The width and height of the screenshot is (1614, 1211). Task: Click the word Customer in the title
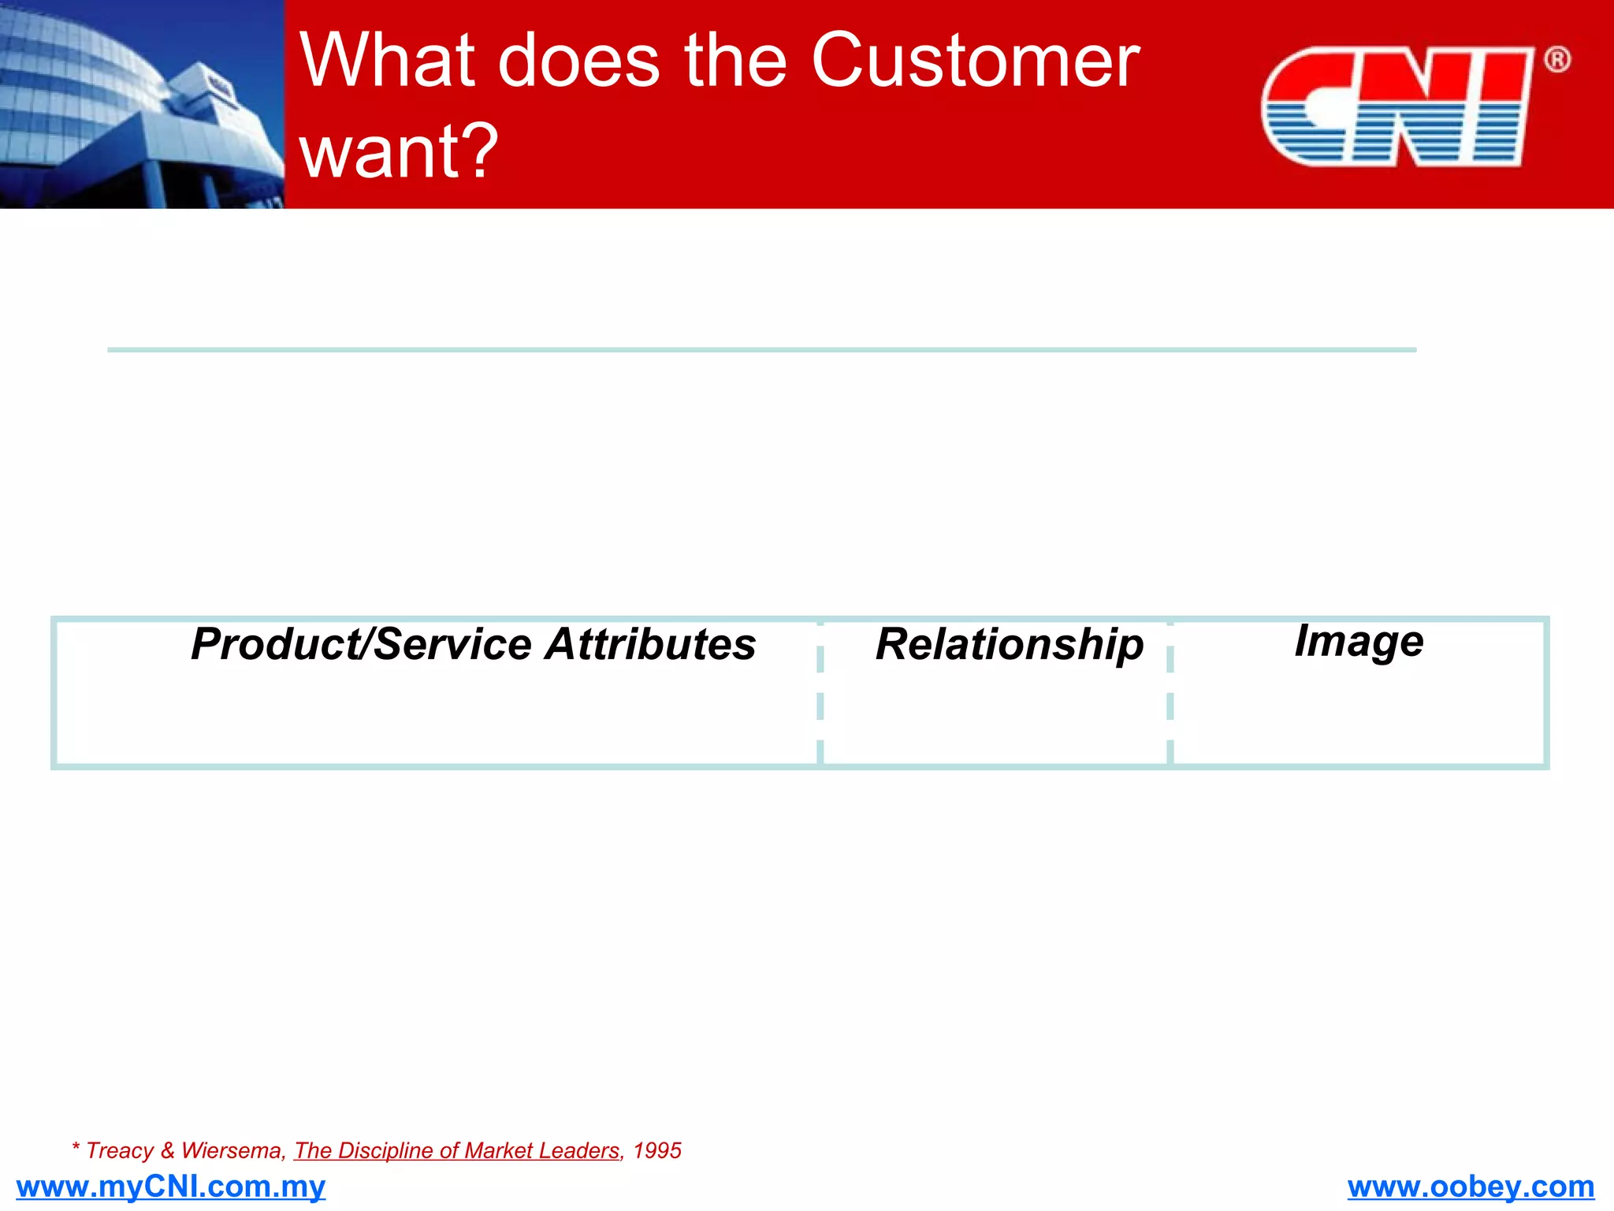[x=976, y=61]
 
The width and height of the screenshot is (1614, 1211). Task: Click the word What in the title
[x=387, y=61]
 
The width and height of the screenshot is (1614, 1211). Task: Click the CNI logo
[x=1396, y=106]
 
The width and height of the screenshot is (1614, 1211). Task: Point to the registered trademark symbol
[x=1556, y=60]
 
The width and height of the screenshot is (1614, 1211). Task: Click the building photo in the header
[x=142, y=104]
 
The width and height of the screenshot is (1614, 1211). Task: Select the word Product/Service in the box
[x=362, y=644]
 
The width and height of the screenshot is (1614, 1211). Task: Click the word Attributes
[x=650, y=644]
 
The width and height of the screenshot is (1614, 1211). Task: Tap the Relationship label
[x=1010, y=645]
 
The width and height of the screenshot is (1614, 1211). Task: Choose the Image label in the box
[x=1359, y=641]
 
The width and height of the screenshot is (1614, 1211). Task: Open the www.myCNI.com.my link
[x=170, y=1187]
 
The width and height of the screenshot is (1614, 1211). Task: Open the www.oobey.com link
[x=1471, y=1187]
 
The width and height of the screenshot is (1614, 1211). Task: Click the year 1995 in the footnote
[x=657, y=1151]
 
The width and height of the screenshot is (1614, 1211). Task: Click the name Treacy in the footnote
[x=119, y=1151]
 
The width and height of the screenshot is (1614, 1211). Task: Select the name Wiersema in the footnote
[x=231, y=1151]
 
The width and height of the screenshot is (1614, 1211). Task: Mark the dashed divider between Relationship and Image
[x=1170, y=694]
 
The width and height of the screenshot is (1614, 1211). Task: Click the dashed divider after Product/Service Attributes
[x=820, y=694]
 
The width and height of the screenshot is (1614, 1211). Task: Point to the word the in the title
[x=735, y=61]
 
